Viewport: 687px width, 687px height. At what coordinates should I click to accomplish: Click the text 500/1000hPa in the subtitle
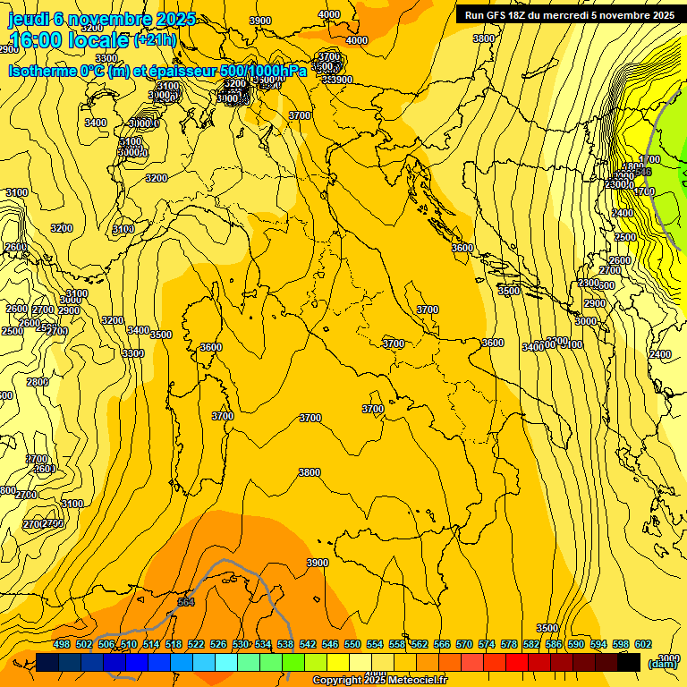pyautogui.click(x=264, y=71)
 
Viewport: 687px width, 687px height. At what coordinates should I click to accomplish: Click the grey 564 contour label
pyautogui.click(x=186, y=602)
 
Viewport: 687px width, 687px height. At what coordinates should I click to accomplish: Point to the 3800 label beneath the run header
pyautogui.click(x=483, y=38)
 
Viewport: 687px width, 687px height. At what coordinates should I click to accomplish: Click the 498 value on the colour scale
pyautogui.click(x=62, y=644)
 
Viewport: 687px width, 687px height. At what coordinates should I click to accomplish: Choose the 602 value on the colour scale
pyautogui.click(x=643, y=644)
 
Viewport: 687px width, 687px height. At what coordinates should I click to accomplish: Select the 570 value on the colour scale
pyautogui.click(x=464, y=644)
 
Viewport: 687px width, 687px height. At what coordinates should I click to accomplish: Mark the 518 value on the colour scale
pyautogui.click(x=174, y=644)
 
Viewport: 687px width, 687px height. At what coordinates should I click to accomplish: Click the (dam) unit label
pyautogui.click(x=663, y=663)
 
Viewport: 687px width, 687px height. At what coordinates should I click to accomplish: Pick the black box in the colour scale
pyautogui.click(x=629, y=662)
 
